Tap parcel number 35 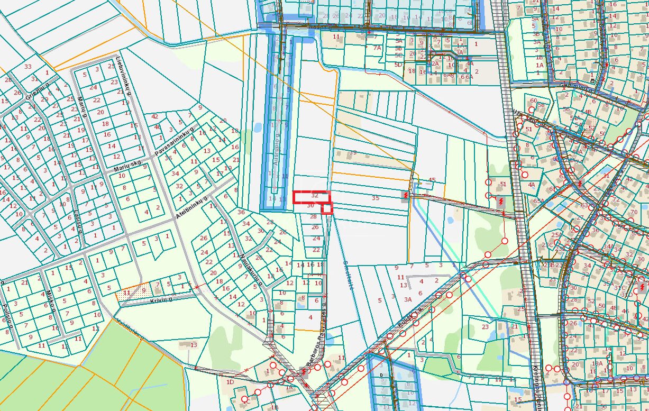pos(376,198)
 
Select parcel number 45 pos(432,180)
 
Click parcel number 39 pos(353,153)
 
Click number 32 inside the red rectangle pos(315,196)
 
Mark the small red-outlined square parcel pos(327,208)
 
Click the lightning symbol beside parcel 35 pos(406,196)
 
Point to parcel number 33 pos(28,67)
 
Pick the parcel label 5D pos(398,65)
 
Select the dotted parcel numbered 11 pos(126,292)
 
